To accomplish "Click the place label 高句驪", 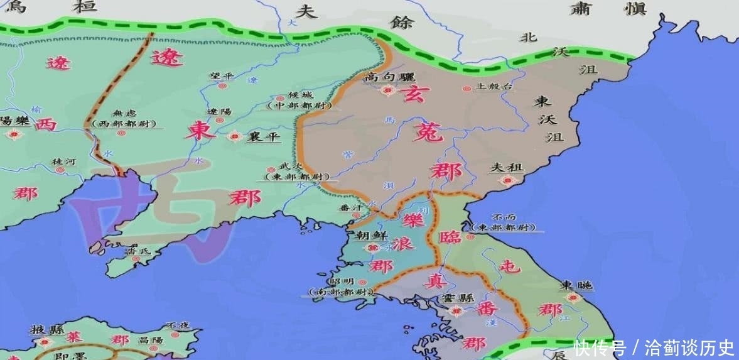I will tap(388, 77).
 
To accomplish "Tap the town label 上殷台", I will tap(495, 87).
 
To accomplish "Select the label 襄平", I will tap(264, 136).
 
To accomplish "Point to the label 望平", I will tap(222, 76).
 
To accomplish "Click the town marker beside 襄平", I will tap(235, 136).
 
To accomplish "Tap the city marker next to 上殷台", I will tap(467, 89).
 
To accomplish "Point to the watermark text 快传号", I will tap(599, 347).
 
